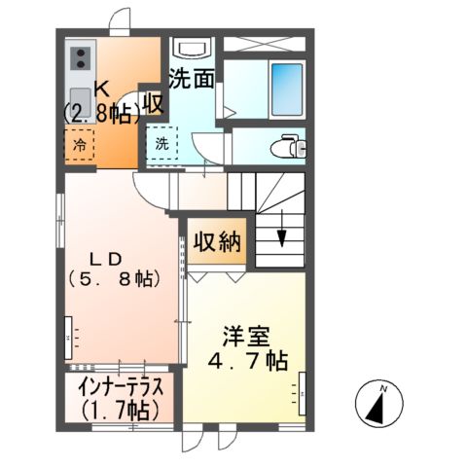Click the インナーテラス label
tap(121, 384)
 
